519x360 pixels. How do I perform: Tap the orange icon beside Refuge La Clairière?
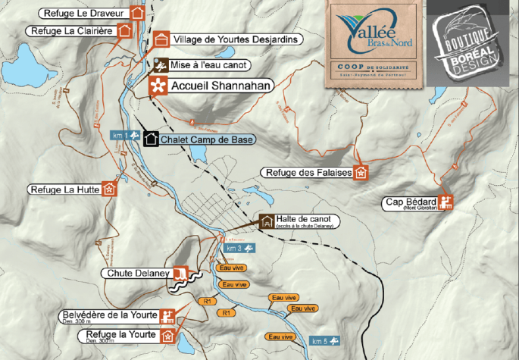click(x=125, y=30)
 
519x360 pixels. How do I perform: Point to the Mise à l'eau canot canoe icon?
click(x=158, y=65)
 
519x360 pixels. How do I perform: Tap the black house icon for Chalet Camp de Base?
click(x=151, y=139)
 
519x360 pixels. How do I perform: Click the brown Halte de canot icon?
click(x=267, y=221)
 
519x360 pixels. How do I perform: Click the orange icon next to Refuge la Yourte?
click(x=169, y=335)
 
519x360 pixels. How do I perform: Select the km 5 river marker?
click(x=327, y=341)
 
